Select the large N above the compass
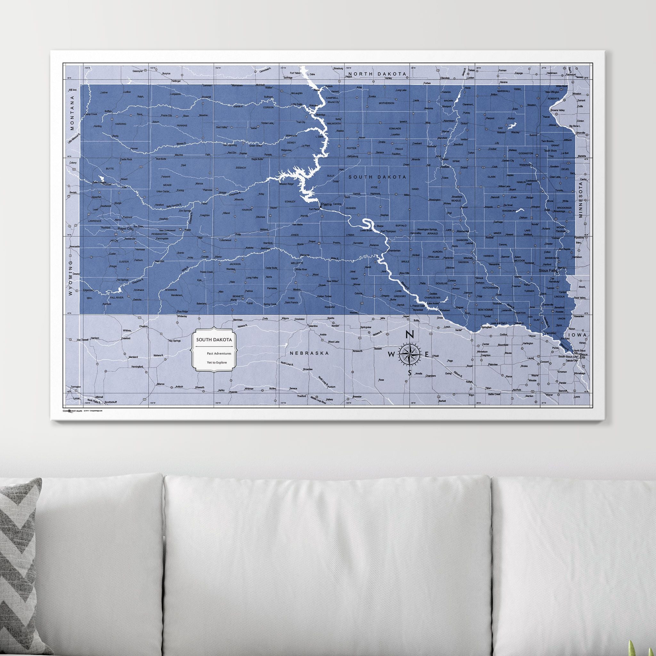pos(410,334)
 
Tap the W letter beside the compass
pos(391,355)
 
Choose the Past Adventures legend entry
pos(219,354)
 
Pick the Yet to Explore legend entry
pos(217,362)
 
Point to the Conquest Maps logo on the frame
pos(72,411)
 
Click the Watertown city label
pos(525,165)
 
